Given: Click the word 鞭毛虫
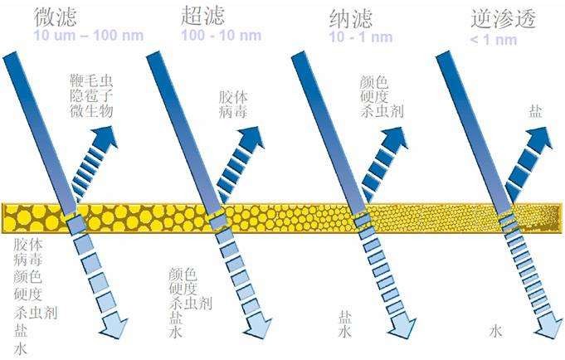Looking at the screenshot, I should tap(92, 80).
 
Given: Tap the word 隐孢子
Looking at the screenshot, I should tap(92, 95).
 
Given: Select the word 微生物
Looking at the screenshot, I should tap(92, 110).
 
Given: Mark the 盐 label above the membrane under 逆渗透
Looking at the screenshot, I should tap(536, 111).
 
